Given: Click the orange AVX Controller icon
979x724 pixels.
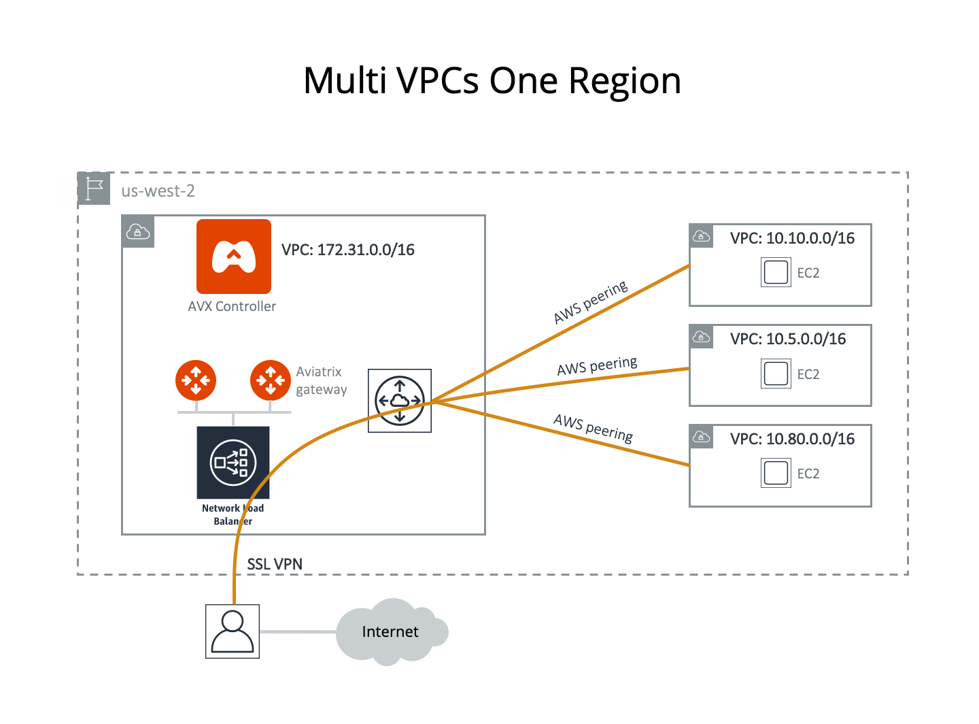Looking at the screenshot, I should [x=233, y=257].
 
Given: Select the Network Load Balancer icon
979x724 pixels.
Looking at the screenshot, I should [x=233, y=463].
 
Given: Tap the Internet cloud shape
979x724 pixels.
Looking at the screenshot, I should [x=391, y=632].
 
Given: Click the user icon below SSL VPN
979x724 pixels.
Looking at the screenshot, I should [x=233, y=631].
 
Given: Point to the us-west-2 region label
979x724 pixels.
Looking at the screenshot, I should [x=158, y=191].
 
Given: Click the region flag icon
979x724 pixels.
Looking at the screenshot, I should [x=94, y=188].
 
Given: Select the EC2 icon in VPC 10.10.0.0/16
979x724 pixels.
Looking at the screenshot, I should [x=776, y=273].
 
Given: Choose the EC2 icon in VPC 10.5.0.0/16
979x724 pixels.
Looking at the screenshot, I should [x=776, y=374].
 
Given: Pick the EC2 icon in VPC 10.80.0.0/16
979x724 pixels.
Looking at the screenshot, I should [x=776, y=474].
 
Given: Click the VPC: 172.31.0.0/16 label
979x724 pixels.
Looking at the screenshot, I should [x=347, y=250].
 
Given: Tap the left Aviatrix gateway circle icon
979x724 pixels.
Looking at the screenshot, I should [x=196, y=380].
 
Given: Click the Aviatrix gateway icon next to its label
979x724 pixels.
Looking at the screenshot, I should [x=271, y=380].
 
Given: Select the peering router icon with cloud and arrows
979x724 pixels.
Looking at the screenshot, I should [x=400, y=401].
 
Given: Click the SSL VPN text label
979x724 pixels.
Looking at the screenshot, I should [x=275, y=564].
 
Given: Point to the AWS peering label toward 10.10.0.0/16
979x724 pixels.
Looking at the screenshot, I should [x=590, y=303].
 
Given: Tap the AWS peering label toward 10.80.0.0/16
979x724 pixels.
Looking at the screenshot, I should [x=593, y=428].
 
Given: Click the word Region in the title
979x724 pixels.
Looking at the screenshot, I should [x=624, y=81].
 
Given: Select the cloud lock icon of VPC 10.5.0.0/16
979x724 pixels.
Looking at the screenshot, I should [x=701, y=337].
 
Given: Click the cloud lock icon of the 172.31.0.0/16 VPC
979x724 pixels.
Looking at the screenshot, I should [x=138, y=232].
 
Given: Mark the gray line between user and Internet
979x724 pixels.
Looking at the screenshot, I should [x=298, y=632].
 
